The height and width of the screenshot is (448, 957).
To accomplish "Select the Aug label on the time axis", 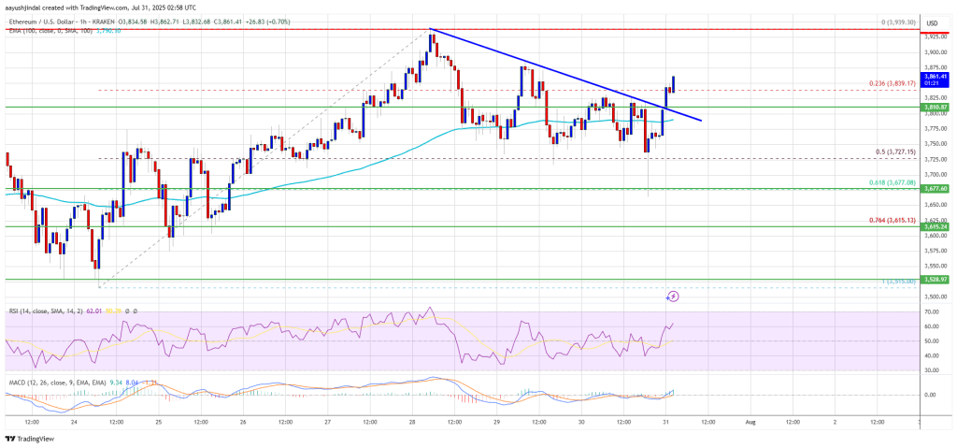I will [x=750, y=421].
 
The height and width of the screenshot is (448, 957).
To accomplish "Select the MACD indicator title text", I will [x=47, y=382].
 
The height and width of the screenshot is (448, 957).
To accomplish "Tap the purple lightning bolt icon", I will [x=672, y=296].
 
